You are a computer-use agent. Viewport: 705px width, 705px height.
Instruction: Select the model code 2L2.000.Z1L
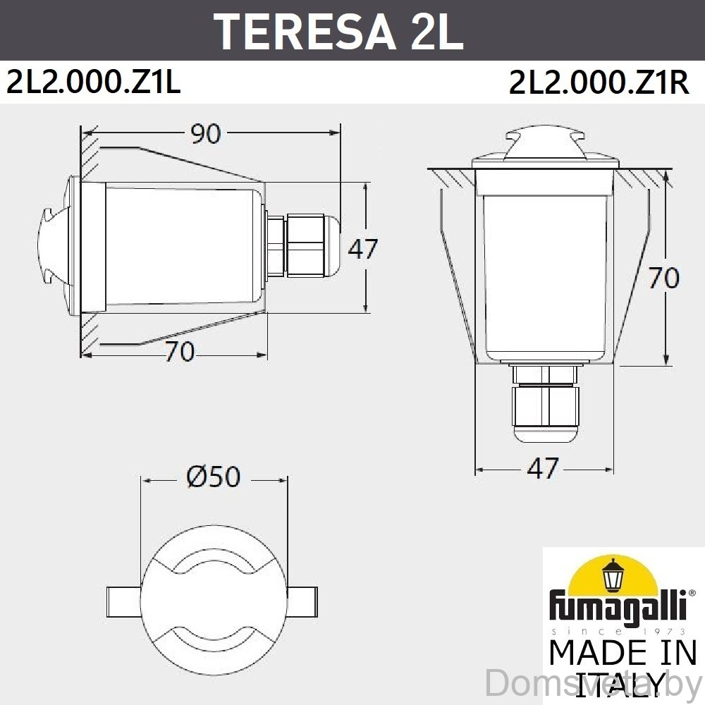click(x=94, y=82)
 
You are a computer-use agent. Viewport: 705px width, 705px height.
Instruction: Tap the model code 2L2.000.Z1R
click(x=599, y=82)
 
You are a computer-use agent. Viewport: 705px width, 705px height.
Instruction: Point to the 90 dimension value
click(x=206, y=133)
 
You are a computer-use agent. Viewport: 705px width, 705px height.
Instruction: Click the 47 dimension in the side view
click(x=363, y=249)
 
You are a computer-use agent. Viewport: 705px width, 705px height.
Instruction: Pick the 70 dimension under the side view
click(x=180, y=352)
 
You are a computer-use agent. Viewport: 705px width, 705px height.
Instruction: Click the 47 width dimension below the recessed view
click(x=543, y=469)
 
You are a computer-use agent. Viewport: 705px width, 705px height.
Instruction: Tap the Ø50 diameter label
click(x=214, y=477)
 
